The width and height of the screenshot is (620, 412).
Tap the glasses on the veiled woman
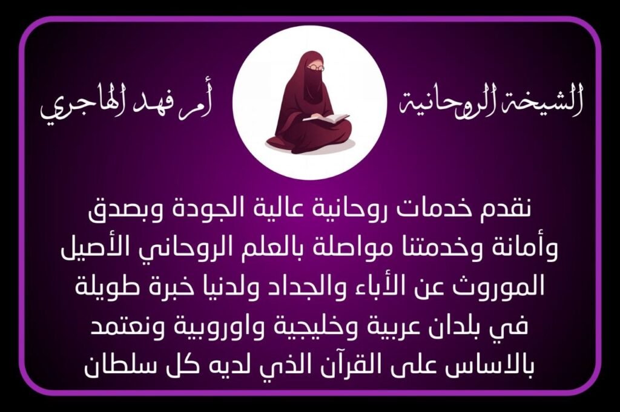316,68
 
